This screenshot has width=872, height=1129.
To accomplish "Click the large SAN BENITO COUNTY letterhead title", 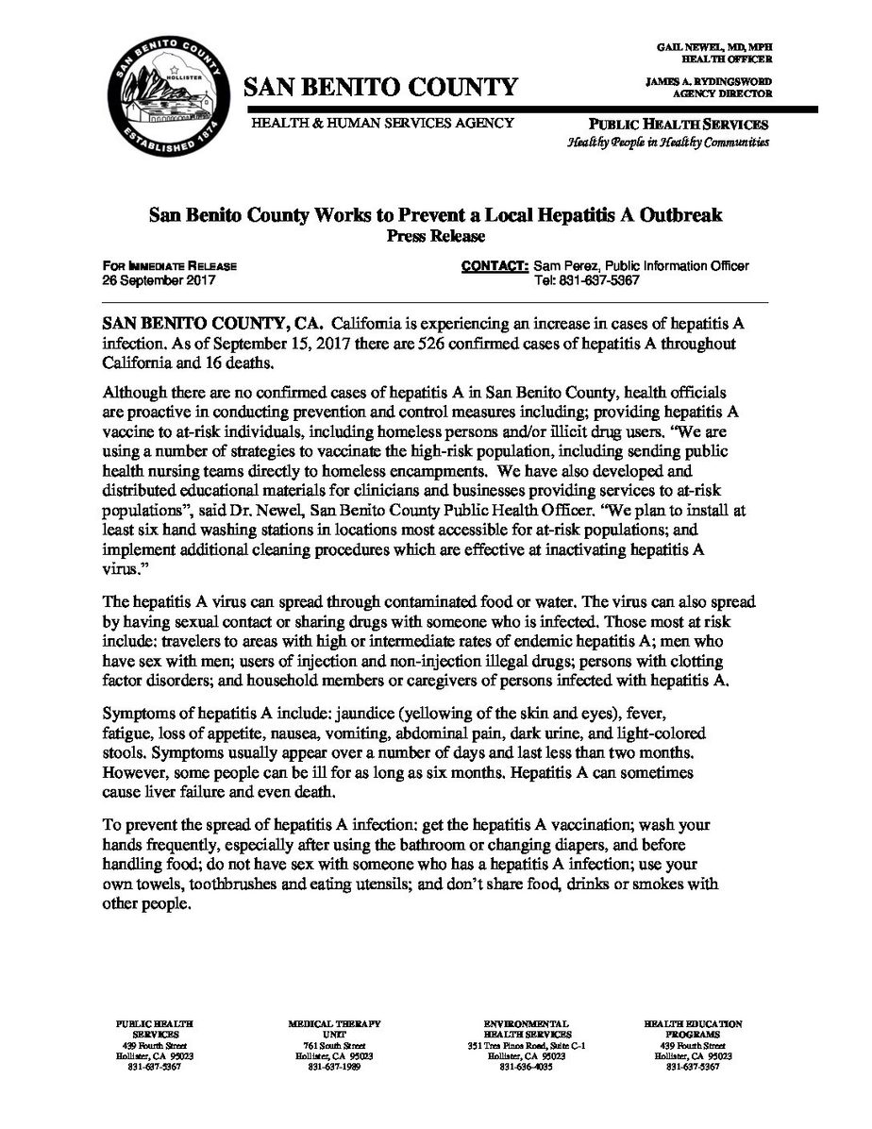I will point(381,88).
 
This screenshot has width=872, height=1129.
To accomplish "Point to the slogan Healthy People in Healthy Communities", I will point(667,143).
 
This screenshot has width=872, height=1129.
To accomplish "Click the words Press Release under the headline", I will point(435,235).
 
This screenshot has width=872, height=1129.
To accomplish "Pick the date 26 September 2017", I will point(159,281).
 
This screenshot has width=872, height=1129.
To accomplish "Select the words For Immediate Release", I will point(170,266).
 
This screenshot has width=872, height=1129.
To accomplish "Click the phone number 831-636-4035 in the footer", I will point(526,1067).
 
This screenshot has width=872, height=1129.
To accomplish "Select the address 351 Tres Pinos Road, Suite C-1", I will point(527,1046).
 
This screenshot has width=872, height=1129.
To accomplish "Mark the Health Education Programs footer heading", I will point(694,1029).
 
